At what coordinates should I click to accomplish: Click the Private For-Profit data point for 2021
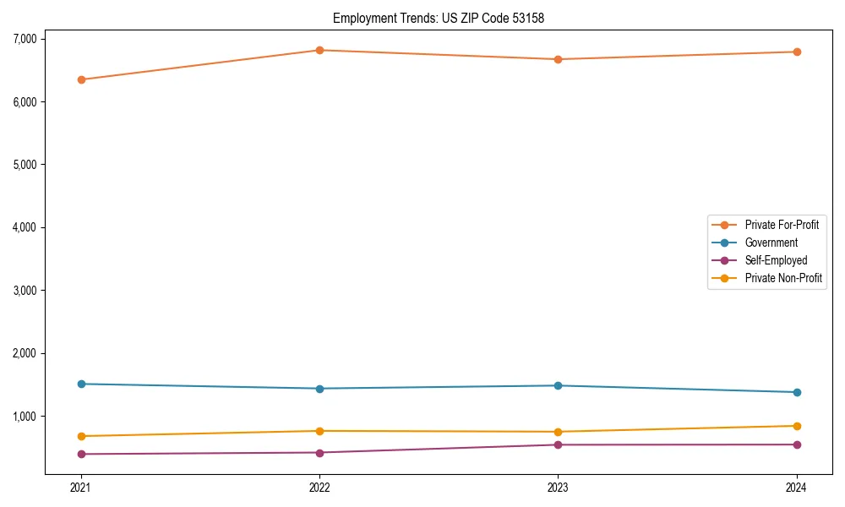pyautogui.click(x=81, y=79)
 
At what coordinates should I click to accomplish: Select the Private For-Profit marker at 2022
pyautogui.click(x=319, y=50)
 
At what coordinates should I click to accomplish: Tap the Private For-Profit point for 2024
pyautogui.click(x=797, y=52)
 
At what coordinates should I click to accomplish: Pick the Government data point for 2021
pyautogui.click(x=81, y=384)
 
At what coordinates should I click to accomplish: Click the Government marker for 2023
pyautogui.click(x=558, y=385)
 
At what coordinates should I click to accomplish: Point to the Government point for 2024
pyautogui.click(x=797, y=392)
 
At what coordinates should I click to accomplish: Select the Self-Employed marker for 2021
pyautogui.click(x=81, y=454)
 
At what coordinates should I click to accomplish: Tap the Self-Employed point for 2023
pyautogui.click(x=558, y=444)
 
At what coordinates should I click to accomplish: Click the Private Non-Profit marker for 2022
pyautogui.click(x=319, y=431)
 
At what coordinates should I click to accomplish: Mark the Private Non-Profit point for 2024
pyautogui.click(x=797, y=426)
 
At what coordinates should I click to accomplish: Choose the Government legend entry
pyautogui.click(x=771, y=243)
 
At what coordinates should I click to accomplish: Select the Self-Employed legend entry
pyautogui.click(x=776, y=260)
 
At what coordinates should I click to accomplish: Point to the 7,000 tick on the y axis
pyautogui.click(x=24, y=39)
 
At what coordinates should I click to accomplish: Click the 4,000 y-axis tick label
pyautogui.click(x=24, y=227)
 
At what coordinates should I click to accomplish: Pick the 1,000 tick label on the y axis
pyautogui.click(x=24, y=416)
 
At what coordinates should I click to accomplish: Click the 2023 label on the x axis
pyautogui.click(x=558, y=488)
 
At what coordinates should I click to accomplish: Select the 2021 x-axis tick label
pyautogui.click(x=81, y=488)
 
